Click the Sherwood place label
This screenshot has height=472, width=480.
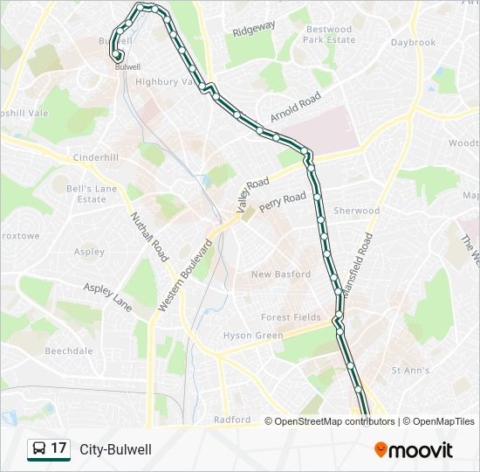click(x=357, y=211)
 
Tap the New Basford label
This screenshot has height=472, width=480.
click(x=280, y=274)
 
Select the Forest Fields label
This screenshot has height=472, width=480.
click(x=291, y=317)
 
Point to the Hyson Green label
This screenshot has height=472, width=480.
click(x=252, y=336)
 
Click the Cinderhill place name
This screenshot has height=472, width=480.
click(x=95, y=157)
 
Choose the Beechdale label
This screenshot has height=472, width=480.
click(x=68, y=351)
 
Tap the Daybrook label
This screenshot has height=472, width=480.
click(x=413, y=42)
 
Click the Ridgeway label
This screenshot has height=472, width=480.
click(x=254, y=29)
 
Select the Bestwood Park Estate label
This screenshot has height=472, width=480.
click(x=329, y=35)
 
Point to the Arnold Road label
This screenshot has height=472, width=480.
click(x=296, y=111)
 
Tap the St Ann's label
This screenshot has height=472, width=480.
click(x=409, y=371)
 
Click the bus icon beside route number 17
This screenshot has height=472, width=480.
click(x=38, y=449)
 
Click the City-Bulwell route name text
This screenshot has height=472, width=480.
click(x=116, y=449)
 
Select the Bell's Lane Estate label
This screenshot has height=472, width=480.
click(x=92, y=193)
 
